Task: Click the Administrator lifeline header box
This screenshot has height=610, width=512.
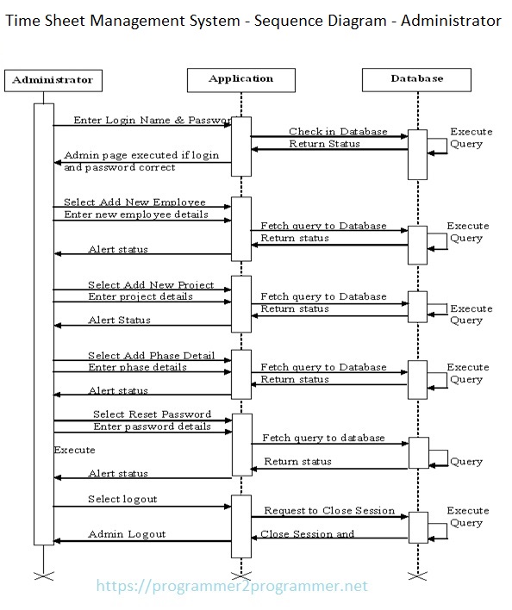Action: coord(53,80)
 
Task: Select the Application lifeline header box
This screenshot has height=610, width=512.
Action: coord(240,79)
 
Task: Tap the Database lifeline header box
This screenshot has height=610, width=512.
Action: coord(416,79)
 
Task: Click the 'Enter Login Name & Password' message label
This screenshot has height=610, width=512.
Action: coord(152,120)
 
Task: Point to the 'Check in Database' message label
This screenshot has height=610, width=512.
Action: coord(337,132)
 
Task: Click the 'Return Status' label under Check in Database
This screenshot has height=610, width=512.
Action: coord(324,144)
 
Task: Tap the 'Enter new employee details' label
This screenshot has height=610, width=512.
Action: coord(136,214)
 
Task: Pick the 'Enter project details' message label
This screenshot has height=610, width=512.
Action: coord(140,296)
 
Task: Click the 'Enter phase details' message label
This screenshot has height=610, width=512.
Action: coord(137,368)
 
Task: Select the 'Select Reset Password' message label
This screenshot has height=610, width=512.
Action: coord(152,414)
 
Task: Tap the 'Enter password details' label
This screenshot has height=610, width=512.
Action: coord(152,426)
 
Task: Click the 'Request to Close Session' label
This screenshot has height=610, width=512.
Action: coord(329,511)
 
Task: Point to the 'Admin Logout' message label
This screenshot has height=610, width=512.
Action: coord(127,534)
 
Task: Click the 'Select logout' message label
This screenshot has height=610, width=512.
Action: coord(122,499)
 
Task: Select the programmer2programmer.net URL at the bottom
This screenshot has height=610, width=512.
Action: coord(232,587)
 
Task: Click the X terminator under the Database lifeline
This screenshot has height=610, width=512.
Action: coord(417,574)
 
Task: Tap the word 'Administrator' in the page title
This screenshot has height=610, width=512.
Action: coord(447,20)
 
